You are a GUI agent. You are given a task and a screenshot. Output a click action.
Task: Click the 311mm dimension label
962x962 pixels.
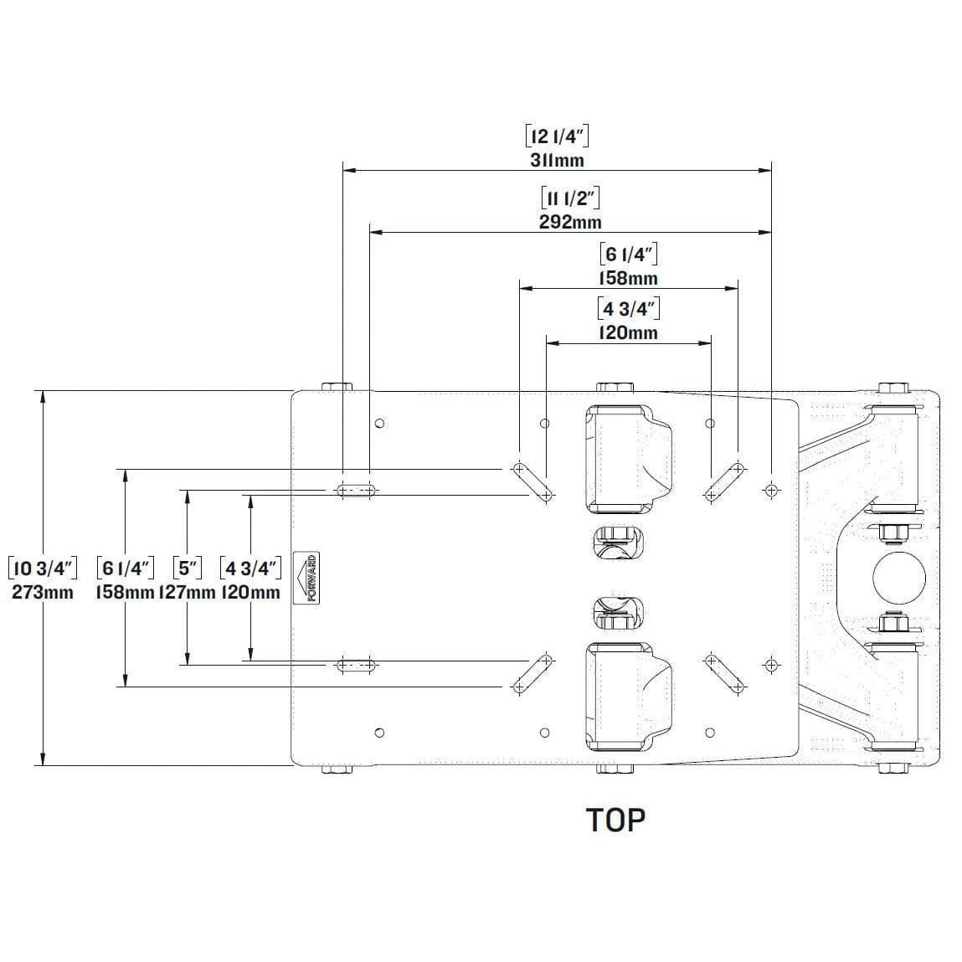(557, 160)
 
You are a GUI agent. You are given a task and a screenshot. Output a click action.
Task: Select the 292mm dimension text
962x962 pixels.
(569, 222)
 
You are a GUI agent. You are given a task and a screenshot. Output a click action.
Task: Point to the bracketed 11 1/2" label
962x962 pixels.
(570, 198)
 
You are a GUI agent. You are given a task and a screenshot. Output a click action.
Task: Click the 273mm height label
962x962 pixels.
(42, 593)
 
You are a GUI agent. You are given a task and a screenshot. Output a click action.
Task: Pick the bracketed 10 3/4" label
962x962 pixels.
(42, 568)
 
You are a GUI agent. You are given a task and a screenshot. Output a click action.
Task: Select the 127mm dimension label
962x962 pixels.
(187, 593)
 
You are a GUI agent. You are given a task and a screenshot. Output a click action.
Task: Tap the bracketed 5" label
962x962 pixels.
(187, 568)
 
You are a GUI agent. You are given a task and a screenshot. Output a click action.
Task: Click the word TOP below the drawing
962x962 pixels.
(616, 820)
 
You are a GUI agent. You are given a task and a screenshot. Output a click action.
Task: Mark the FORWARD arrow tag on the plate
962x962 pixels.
(311, 578)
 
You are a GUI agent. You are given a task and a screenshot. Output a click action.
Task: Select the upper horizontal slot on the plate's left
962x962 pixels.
(356, 490)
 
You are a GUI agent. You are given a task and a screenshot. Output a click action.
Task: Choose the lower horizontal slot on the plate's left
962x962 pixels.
(356, 666)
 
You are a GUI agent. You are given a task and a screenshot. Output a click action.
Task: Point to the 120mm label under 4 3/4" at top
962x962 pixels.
(629, 332)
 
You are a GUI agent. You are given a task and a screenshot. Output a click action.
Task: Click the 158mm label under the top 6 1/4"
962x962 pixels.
(629, 278)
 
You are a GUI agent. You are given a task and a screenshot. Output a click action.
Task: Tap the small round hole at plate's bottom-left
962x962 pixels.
(379, 733)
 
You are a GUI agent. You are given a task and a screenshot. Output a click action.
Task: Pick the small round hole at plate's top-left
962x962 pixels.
(379, 423)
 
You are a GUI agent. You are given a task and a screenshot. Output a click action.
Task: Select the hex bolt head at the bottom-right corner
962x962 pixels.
(893, 768)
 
